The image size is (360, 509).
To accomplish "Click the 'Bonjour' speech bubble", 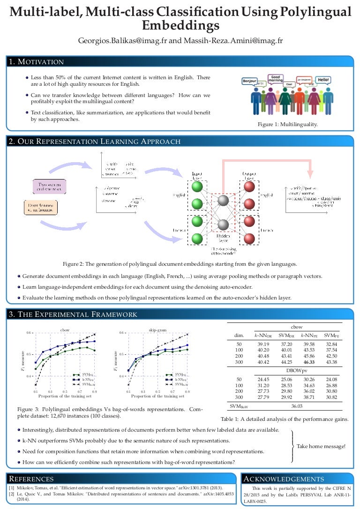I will [x=249, y=81].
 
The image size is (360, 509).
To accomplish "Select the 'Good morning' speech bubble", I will [x=276, y=78].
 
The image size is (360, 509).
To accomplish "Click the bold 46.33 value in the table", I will [x=308, y=362].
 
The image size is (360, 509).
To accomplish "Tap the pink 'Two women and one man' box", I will [x=49, y=186].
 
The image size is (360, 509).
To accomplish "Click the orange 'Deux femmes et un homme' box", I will [x=40, y=208].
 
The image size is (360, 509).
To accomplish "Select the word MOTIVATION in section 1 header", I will [x=41, y=62].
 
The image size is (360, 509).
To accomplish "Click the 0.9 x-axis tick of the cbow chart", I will [x=95, y=390].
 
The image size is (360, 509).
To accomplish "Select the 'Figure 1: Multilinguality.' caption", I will [x=288, y=124].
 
